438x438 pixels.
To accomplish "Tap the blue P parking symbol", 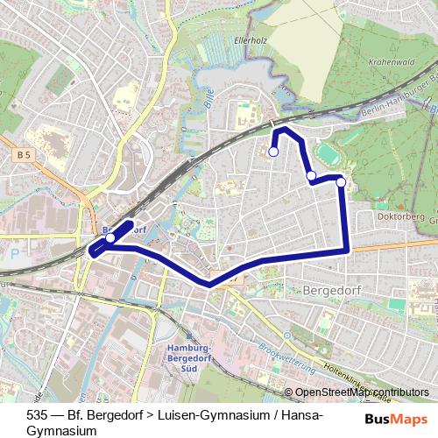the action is click(x=14, y=253).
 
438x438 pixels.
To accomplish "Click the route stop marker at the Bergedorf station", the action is click(x=110, y=237).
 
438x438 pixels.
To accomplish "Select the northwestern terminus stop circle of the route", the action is click(x=273, y=152).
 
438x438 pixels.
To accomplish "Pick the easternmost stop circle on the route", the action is click(x=341, y=183).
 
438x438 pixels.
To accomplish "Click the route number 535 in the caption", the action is click(x=38, y=415).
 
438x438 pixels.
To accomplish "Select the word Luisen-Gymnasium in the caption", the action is click(x=197, y=415).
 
